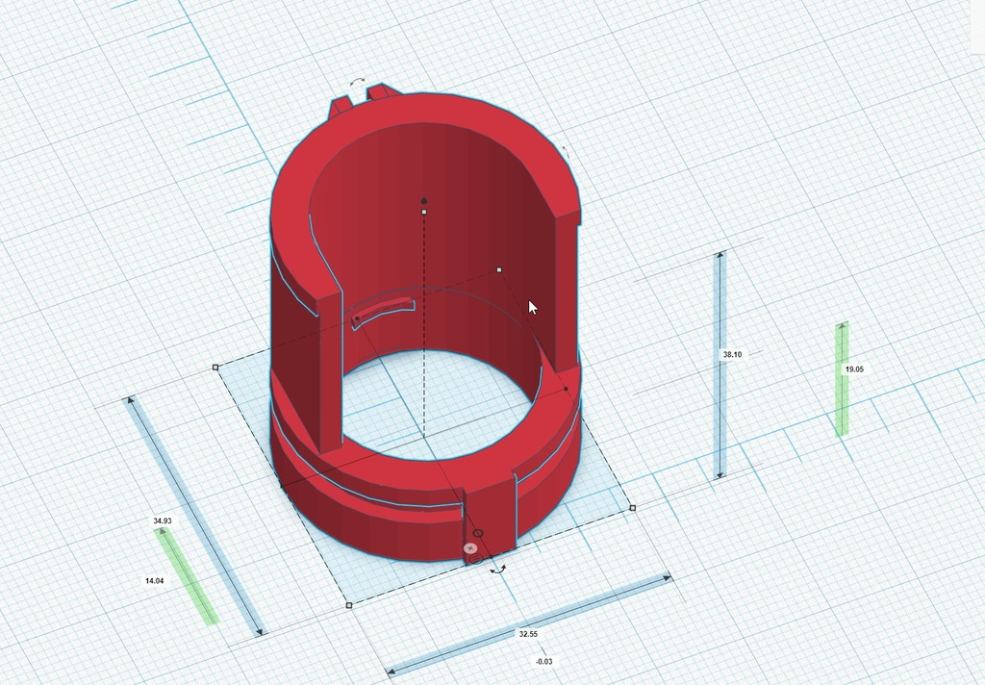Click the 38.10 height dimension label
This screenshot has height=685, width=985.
tap(732, 354)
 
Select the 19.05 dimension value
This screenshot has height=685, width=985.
tap(854, 369)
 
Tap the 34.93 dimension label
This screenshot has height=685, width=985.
tap(162, 521)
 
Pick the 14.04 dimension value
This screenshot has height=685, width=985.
tap(155, 581)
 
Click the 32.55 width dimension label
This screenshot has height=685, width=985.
tap(528, 634)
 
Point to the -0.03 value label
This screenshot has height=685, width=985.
tap(544, 662)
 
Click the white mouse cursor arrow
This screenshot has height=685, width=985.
tap(533, 308)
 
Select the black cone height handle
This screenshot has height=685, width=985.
tap(424, 200)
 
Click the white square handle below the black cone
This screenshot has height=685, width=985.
tap(424, 213)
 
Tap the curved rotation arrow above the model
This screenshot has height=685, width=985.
tap(358, 81)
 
